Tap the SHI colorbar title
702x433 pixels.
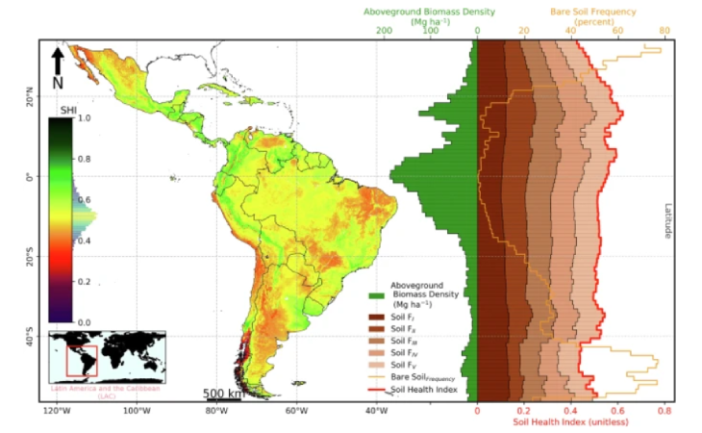[56, 111]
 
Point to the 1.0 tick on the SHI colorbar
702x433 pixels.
[84, 119]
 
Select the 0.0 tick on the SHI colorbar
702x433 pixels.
[84, 322]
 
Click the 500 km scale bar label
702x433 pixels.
[220, 395]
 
